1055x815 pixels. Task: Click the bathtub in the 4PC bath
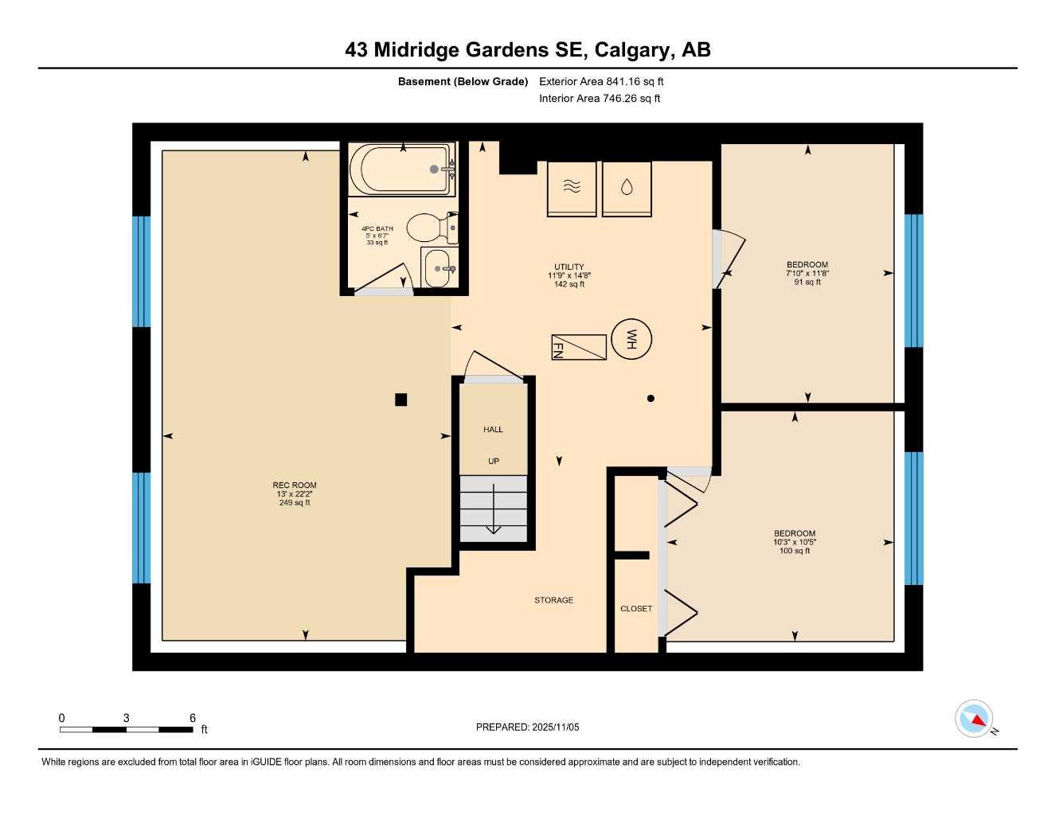click(x=402, y=169)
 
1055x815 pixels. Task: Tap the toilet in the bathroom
click(x=430, y=228)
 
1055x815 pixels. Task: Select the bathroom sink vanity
click(x=439, y=268)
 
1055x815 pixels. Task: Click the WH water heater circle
click(x=631, y=340)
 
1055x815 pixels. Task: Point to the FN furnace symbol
click(x=579, y=347)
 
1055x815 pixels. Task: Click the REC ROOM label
click(x=295, y=485)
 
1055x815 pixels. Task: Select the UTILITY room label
click(x=569, y=267)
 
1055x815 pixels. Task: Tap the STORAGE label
click(x=553, y=600)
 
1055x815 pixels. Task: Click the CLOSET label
click(x=636, y=609)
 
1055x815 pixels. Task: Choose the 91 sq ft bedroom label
click(x=807, y=273)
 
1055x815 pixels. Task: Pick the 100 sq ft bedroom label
click(x=795, y=542)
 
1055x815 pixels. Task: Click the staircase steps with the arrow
click(x=494, y=509)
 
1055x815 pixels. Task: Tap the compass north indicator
click(x=975, y=719)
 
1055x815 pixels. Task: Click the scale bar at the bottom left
click(x=127, y=729)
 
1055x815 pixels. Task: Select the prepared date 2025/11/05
click(x=527, y=727)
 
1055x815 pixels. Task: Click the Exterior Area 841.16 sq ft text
click(x=601, y=81)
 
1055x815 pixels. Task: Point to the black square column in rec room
click(x=401, y=400)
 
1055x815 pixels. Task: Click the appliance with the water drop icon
click(x=627, y=189)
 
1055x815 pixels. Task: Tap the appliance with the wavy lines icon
click(x=572, y=189)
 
